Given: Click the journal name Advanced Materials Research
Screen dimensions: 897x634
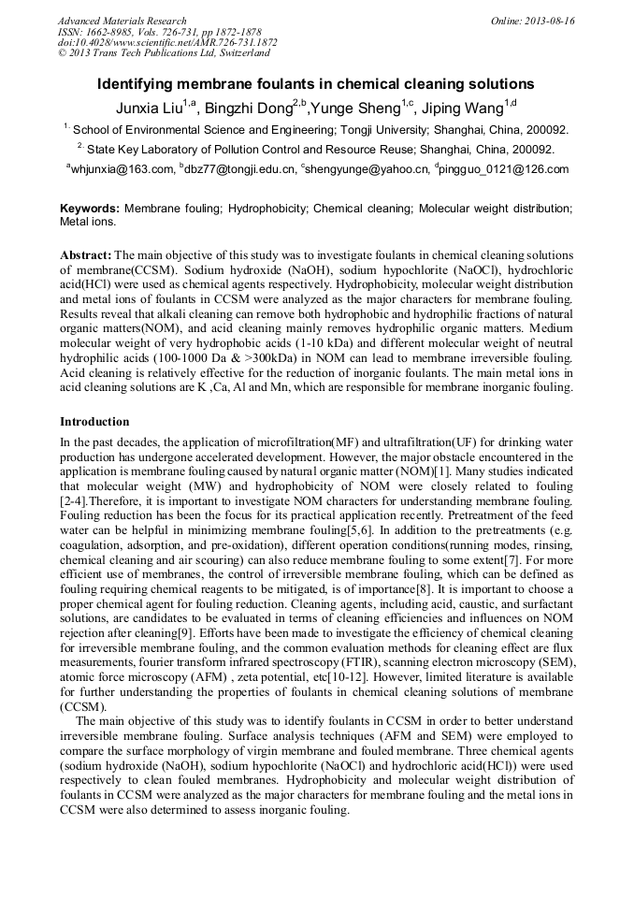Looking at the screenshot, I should [122, 21].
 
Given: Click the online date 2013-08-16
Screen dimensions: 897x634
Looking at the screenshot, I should [552, 21].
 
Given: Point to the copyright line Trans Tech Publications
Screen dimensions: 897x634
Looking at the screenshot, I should [164, 54].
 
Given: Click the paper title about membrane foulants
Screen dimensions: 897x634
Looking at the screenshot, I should [316, 84].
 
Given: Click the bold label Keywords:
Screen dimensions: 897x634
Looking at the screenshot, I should [90, 208].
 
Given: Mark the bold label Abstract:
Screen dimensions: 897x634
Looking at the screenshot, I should [86, 254].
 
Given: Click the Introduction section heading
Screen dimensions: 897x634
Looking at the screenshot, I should [94, 422].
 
